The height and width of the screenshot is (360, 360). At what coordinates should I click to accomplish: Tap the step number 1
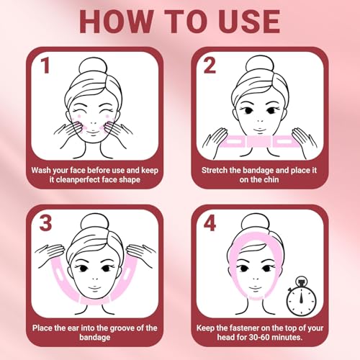tap(45, 67)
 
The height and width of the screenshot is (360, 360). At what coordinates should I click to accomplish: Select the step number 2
tap(210, 67)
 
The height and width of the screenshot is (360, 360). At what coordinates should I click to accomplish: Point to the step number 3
tap(45, 224)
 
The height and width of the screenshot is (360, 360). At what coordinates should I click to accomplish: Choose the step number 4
tap(210, 224)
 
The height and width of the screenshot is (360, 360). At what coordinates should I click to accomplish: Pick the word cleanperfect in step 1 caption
tap(76, 182)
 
